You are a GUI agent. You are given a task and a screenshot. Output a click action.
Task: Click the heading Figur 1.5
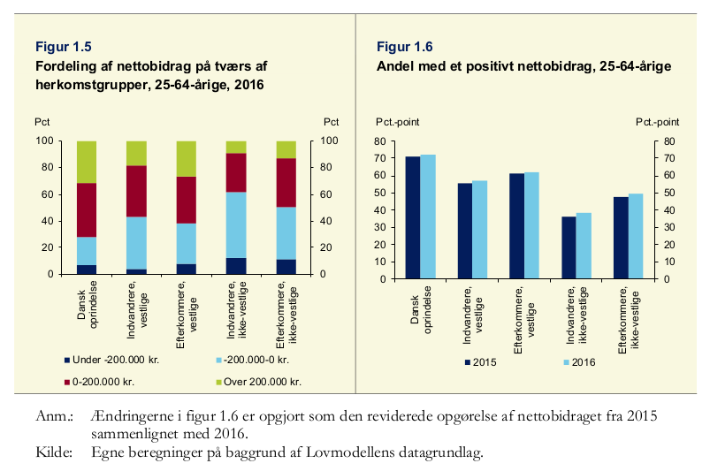click(x=63, y=47)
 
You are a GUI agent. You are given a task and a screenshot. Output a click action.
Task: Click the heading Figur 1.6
click(x=404, y=47)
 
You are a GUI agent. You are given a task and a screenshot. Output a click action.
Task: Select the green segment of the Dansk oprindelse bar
click(x=87, y=162)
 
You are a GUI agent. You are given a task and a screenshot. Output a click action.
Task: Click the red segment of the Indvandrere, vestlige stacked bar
click(x=136, y=191)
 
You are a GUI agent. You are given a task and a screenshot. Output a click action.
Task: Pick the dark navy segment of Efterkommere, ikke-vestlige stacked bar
click(x=286, y=266)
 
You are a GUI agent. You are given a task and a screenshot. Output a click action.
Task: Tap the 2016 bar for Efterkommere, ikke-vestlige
click(x=636, y=236)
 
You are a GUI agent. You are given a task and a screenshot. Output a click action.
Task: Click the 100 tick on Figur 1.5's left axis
click(x=42, y=141)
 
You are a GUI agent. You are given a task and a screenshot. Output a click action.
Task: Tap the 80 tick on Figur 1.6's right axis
click(x=668, y=141)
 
